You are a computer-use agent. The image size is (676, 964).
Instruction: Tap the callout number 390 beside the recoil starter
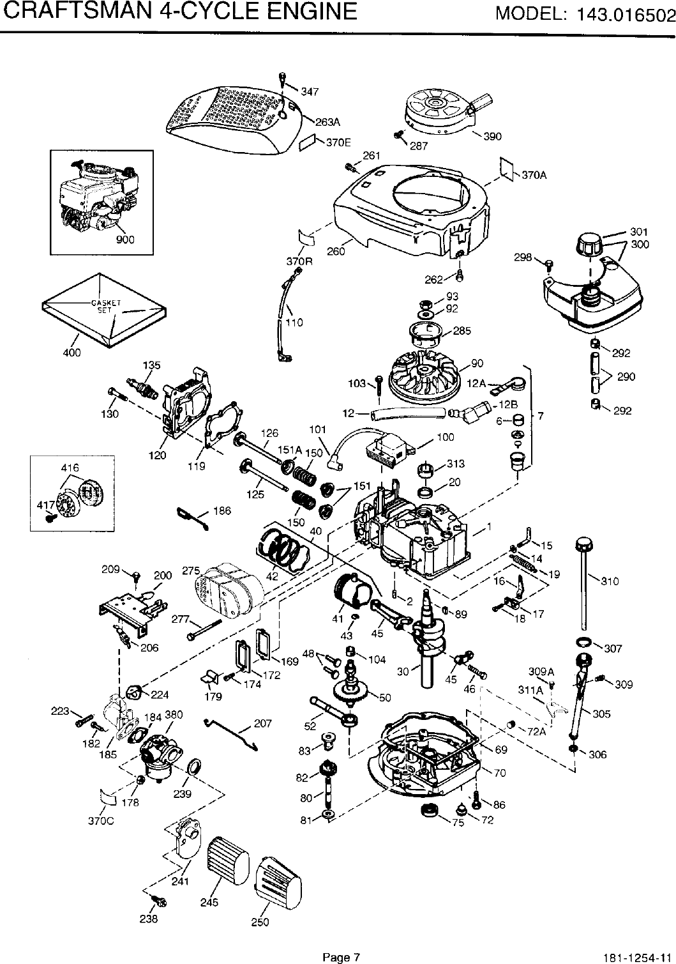[492, 136]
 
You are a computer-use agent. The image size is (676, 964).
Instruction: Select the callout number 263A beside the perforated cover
[327, 121]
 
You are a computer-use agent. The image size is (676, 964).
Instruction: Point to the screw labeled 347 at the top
[282, 81]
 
